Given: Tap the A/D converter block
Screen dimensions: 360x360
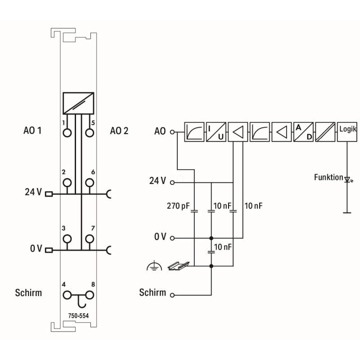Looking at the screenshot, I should (x=303, y=131).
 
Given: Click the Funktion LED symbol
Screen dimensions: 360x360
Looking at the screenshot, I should (x=347, y=180).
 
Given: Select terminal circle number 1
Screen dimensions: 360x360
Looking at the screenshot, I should (x=67, y=133).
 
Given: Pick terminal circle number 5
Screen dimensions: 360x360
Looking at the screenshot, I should (x=90, y=133).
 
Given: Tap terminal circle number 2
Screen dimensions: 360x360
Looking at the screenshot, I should (x=67, y=182).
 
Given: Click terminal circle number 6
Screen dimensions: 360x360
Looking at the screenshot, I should (x=90, y=182).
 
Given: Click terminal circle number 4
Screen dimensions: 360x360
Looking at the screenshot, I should (x=67, y=295).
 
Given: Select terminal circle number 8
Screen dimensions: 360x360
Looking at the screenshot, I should (x=90, y=295).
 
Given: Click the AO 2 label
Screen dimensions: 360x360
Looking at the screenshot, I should (x=119, y=131).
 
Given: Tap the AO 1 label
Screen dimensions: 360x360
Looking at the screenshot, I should (x=33, y=131).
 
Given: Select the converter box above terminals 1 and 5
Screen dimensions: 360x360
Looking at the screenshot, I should (x=78, y=103).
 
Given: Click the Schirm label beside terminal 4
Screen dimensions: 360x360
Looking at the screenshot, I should (x=28, y=293).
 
